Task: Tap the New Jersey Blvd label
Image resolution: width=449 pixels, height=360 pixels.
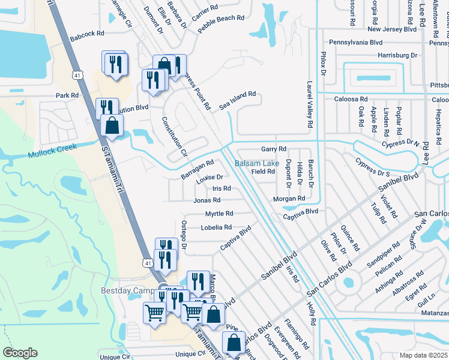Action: coord(391,29)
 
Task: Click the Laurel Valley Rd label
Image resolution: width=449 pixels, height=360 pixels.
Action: coord(310,104)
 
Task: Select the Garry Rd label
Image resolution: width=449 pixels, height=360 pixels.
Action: coord(273,149)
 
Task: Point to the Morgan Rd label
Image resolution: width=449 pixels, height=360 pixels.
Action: coord(289,199)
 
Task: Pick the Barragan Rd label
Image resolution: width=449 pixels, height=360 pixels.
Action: coord(197,168)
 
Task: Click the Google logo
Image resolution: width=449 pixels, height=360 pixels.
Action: coord(20,353)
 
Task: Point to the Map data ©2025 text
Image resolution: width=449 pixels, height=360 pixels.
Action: coord(423,355)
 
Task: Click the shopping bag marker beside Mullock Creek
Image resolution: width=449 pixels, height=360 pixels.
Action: coord(112,127)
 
